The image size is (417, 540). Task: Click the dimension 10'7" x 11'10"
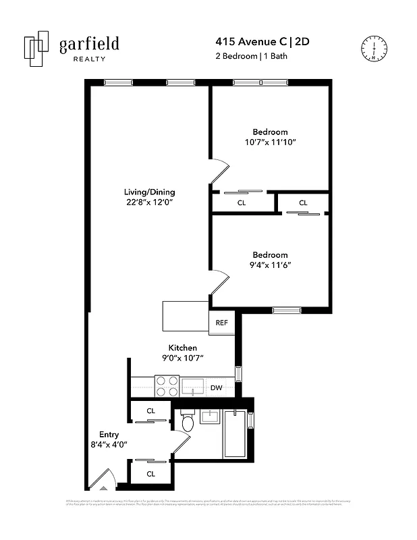pyautogui.click(x=271, y=142)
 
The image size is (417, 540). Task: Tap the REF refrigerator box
pyautogui.click(x=221, y=323)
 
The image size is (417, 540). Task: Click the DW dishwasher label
pyautogui.click(x=217, y=387)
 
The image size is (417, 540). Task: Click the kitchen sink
pyautogui.click(x=192, y=386)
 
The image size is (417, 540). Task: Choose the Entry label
pyautogui.click(x=109, y=434)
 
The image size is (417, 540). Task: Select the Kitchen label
pyautogui.click(x=182, y=348)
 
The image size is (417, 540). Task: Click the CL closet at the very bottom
pyautogui.click(x=150, y=474)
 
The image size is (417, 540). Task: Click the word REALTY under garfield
pyautogui.click(x=88, y=59)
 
